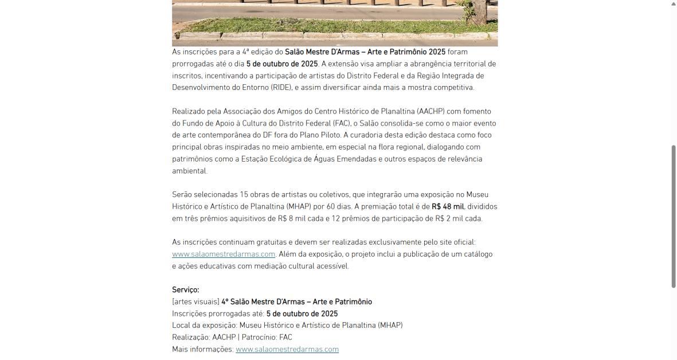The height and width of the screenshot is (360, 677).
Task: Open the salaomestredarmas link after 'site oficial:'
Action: [x=224, y=255]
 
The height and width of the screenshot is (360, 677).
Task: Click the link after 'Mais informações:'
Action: [x=287, y=350]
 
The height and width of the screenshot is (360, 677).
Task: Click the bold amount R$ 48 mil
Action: [x=448, y=207]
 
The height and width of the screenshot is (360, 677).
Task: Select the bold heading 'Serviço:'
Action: [x=185, y=290]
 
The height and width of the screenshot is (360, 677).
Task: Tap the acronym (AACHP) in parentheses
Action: [x=431, y=112]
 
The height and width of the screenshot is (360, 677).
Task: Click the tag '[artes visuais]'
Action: [x=195, y=302]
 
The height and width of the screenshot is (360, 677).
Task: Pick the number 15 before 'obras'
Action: [x=244, y=195]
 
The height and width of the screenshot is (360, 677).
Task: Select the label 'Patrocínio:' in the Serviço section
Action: [x=259, y=338]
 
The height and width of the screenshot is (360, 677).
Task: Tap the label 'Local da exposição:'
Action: [x=205, y=326]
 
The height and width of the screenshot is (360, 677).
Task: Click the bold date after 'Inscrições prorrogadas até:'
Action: [x=302, y=314]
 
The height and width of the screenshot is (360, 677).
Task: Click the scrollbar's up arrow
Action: [x=674, y=4]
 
